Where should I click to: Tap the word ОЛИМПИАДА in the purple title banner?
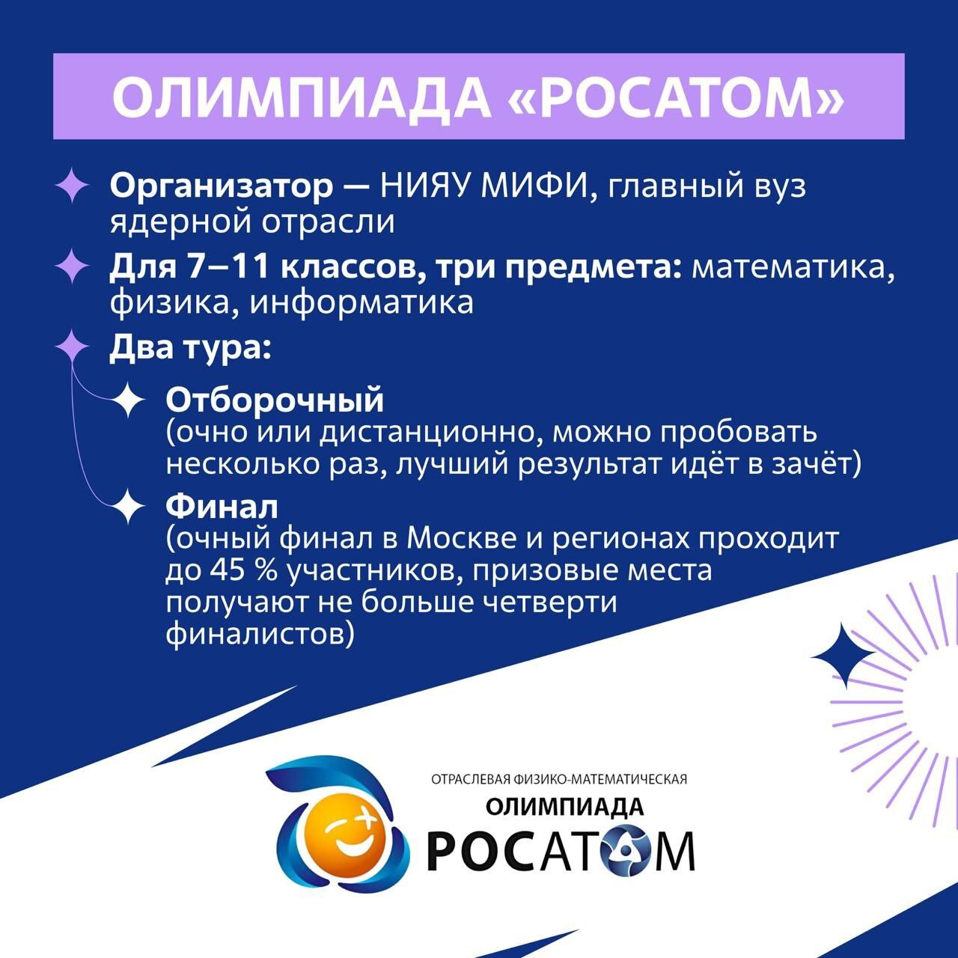coord(302,97)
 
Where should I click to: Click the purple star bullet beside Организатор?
coord(73,186)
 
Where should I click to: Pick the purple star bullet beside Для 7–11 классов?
coord(73,266)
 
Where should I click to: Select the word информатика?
coord(361,302)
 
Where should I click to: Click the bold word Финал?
coord(222,507)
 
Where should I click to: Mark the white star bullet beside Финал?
coord(128,506)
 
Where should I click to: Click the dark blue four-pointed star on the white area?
coord(843,656)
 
